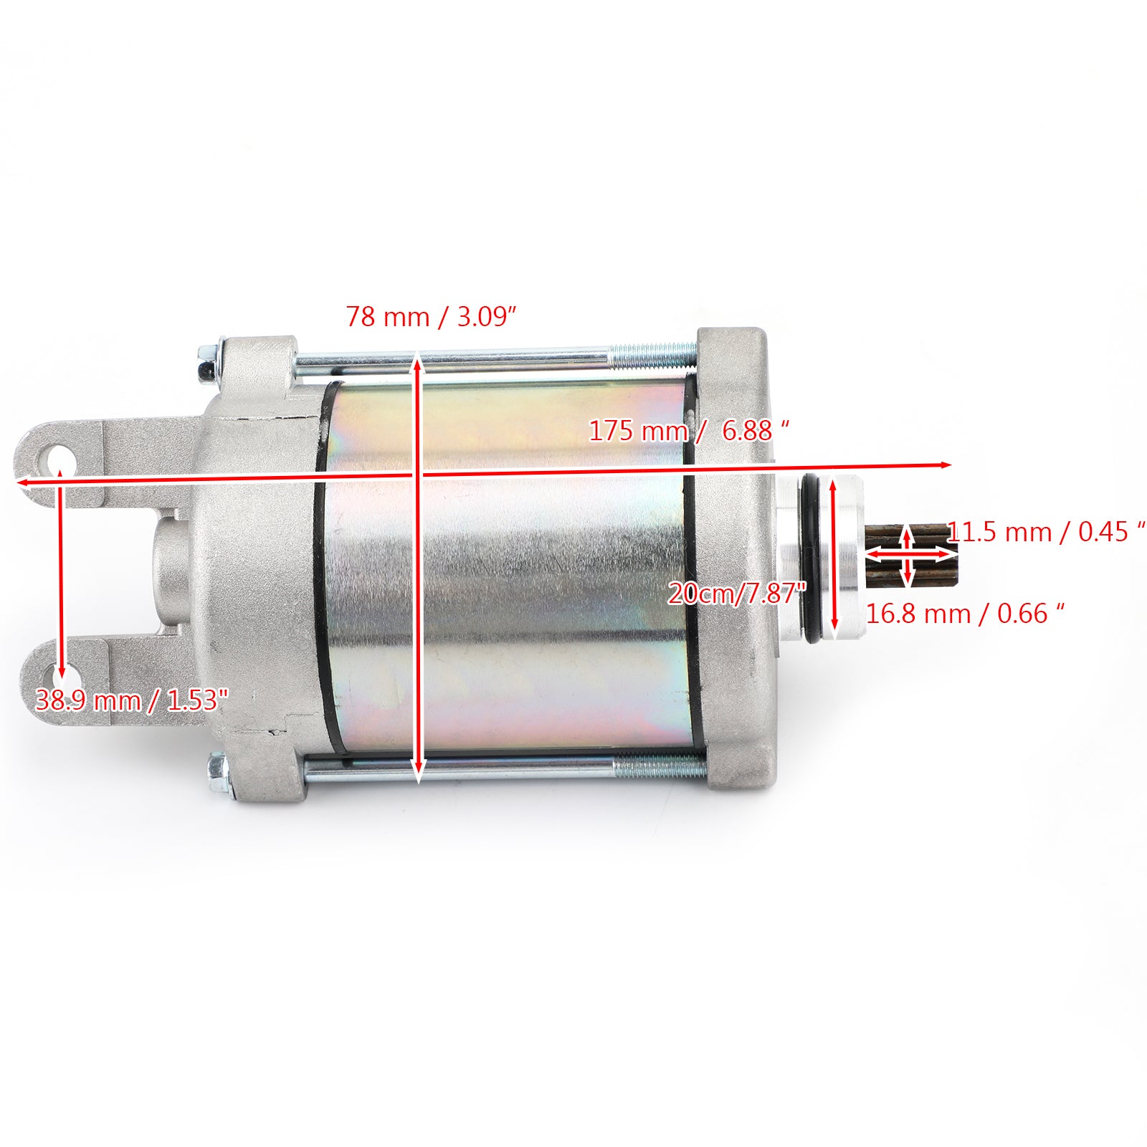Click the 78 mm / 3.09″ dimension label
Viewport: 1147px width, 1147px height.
pyautogui.click(x=431, y=316)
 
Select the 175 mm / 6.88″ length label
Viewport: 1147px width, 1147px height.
pyautogui.click(x=688, y=430)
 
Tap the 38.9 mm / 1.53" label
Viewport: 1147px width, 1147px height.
pyautogui.click(x=131, y=700)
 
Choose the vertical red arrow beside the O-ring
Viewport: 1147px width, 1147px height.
pyautogui.click(x=834, y=559)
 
